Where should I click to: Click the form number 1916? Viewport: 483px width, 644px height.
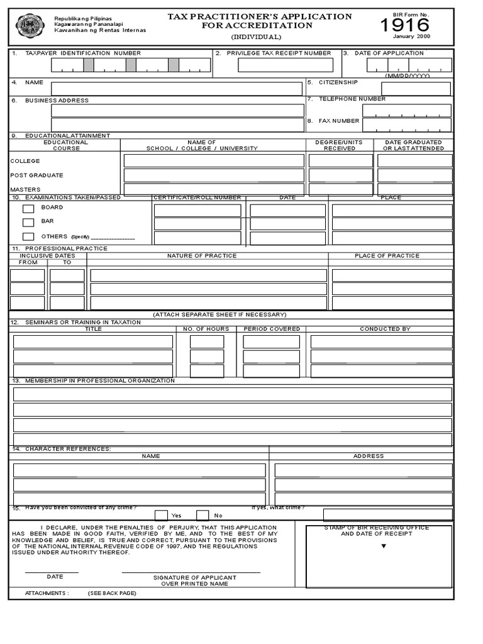(x=405, y=26)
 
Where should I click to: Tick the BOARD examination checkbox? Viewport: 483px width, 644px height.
(x=28, y=209)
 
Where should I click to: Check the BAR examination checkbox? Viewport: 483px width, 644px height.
(x=28, y=223)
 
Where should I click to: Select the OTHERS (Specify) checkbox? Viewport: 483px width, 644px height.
(x=28, y=237)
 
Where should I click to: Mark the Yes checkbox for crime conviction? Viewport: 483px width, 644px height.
(x=161, y=516)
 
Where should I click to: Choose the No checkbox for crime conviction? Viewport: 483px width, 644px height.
(x=203, y=516)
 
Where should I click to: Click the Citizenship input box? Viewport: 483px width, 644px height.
(x=408, y=89)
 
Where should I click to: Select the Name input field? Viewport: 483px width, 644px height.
(x=177, y=89)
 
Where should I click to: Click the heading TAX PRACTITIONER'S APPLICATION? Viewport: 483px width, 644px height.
(x=260, y=16)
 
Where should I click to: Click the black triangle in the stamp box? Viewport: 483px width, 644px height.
(x=383, y=546)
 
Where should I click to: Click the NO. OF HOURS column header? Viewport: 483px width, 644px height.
(x=206, y=329)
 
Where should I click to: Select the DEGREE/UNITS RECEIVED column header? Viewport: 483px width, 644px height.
(x=340, y=145)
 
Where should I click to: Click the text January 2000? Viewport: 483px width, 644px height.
(x=413, y=36)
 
